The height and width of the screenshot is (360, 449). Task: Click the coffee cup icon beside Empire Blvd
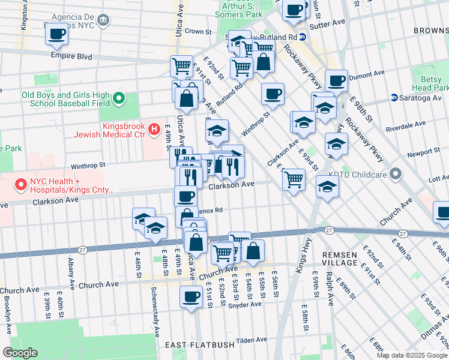point(56,34)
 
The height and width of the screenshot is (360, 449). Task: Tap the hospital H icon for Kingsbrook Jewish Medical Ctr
point(153,128)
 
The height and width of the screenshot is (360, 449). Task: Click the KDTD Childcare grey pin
point(395,175)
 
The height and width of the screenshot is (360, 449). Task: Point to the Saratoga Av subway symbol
point(394,97)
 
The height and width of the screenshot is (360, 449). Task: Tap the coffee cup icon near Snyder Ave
point(191,296)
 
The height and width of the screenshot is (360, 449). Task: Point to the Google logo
point(20,353)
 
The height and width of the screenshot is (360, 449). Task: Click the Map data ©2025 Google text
point(412,355)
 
